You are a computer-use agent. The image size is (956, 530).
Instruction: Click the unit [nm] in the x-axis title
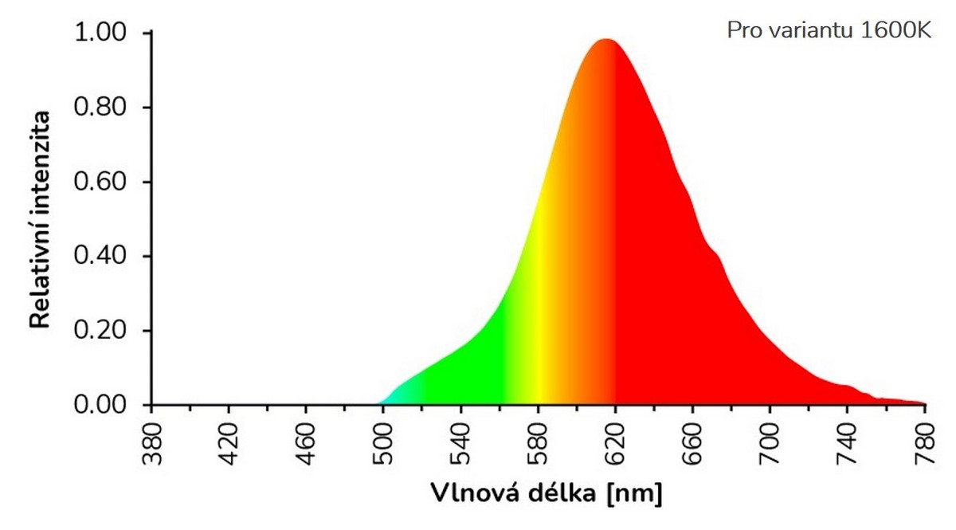pos(634,493)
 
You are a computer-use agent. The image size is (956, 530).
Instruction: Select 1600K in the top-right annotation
pos(895,30)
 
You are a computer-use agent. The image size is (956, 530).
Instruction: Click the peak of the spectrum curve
pos(607,40)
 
